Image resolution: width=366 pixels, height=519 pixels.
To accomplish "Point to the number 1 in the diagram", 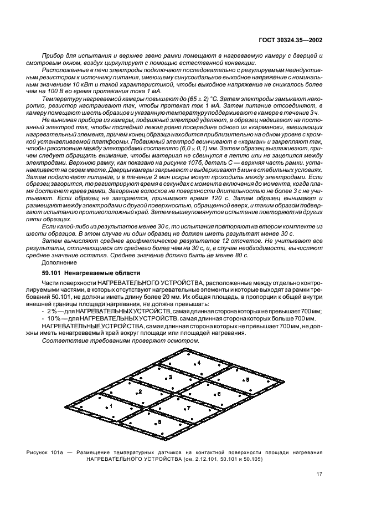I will [x=111, y=406].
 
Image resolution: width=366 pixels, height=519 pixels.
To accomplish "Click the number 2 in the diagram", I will [x=141, y=391].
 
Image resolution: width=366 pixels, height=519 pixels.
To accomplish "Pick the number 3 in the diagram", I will [x=171, y=376].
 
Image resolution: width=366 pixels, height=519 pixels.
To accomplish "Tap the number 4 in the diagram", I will [x=199, y=362].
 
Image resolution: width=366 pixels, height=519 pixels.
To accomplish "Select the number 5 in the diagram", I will [x=248, y=379].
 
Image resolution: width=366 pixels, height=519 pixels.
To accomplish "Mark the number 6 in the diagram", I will [x=218, y=393].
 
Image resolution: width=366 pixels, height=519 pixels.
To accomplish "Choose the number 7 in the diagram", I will [x=188, y=408].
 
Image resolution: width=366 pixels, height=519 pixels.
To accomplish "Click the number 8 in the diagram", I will [x=160, y=421].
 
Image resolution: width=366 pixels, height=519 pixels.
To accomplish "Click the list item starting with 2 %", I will [x=183, y=312].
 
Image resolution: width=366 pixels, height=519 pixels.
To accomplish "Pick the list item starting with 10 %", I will [x=183, y=319].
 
